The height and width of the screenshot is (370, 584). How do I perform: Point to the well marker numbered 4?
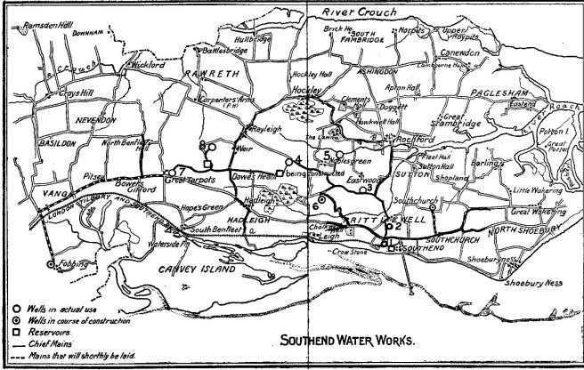(x=288, y=162)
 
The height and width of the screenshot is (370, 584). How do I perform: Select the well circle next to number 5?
(x=339, y=155)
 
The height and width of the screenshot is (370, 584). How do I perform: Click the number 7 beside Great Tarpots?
(x=181, y=170)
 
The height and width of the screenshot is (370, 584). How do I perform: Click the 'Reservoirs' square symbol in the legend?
(x=6, y=331)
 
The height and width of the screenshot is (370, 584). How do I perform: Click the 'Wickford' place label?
(x=145, y=65)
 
